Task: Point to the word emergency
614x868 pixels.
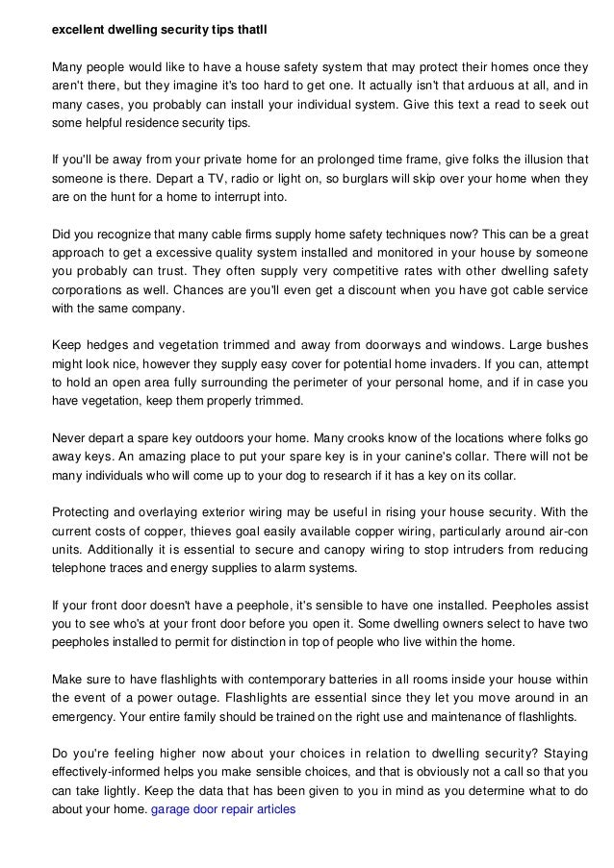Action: [87, 716]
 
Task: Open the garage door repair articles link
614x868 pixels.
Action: [224, 809]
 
